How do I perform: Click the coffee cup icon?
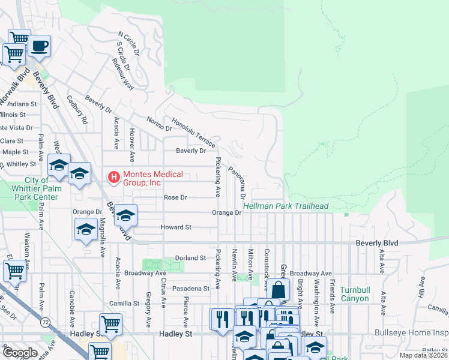pos(40,46)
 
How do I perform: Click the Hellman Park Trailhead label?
pos(286,206)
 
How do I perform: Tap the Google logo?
pos(20,353)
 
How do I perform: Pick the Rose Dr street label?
pos(175,197)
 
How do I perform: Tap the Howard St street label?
pos(175,227)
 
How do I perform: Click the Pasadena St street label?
pos(190,288)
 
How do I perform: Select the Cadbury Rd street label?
pos(77,110)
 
